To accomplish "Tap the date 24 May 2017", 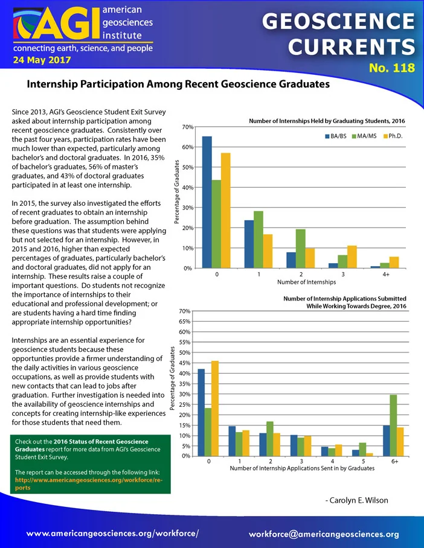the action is (42, 60).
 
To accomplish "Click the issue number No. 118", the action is (392, 68).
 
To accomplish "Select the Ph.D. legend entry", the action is (393, 136).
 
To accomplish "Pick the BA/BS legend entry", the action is (336, 136).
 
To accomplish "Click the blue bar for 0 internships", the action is (207, 202).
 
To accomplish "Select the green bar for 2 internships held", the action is (301, 249).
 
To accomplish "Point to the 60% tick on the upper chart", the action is (188, 147).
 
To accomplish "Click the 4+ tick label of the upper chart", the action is (386, 275).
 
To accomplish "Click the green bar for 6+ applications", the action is (394, 425).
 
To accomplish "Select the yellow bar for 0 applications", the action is (215, 409).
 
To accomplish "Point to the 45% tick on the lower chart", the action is (185, 363).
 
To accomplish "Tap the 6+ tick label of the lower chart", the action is (394, 461).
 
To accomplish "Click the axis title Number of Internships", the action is (306, 282).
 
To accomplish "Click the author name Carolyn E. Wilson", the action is (357, 500).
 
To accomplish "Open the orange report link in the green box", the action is (89, 483).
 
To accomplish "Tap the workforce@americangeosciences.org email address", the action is (324, 534).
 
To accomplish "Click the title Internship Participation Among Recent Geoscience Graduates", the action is (178, 84).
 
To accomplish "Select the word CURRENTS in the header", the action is (352, 46).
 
